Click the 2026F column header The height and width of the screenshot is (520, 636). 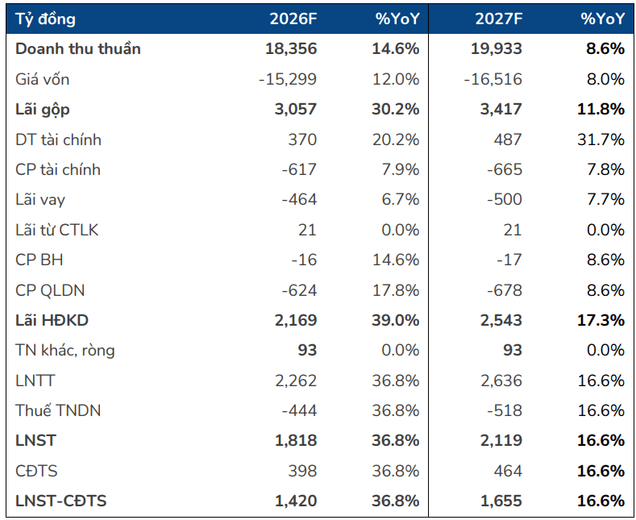coord(293,19)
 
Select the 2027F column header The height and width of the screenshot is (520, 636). coord(498,19)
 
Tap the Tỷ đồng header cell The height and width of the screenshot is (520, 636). coord(45,19)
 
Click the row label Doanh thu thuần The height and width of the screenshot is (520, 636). coord(78,48)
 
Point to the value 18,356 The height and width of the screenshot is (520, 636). coord(291,48)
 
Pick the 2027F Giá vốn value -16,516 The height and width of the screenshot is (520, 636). coord(493,79)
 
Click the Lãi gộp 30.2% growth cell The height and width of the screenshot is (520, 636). coord(396,109)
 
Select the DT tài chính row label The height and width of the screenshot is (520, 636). coord(58,139)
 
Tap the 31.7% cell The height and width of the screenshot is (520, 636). coord(601,139)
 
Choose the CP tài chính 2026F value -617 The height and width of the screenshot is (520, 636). coord(299,169)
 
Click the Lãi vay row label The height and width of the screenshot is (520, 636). coord(40,200)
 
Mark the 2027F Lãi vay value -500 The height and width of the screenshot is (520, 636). coord(505,200)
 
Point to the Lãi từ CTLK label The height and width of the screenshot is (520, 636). coord(56,230)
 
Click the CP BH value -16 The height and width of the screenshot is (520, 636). coord(304,260)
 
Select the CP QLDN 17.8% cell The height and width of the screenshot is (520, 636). coord(396,290)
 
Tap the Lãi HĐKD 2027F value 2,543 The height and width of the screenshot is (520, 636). coord(501,320)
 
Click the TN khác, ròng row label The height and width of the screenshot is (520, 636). coord(65,351)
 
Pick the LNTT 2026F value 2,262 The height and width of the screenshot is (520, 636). coord(296,381)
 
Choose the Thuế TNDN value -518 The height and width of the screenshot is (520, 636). coord(505,411)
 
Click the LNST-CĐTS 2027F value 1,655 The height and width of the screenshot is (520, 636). coord(501,501)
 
